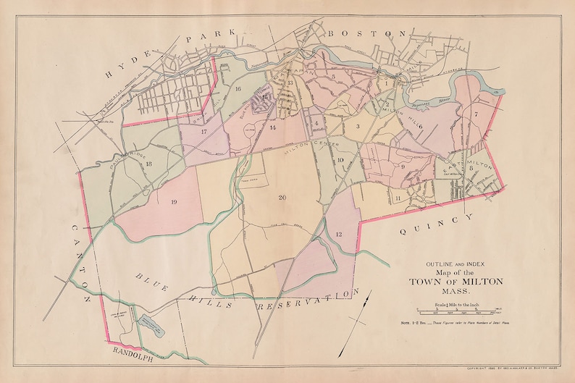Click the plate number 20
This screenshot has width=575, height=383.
point(282,197)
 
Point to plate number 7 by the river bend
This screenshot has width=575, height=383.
point(476,114)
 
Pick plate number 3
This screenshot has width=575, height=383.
point(357,127)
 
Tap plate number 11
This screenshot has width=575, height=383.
point(398,198)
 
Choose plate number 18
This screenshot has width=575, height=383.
point(148,164)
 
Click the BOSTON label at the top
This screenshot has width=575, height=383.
point(364,33)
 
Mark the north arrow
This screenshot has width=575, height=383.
point(358,311)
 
